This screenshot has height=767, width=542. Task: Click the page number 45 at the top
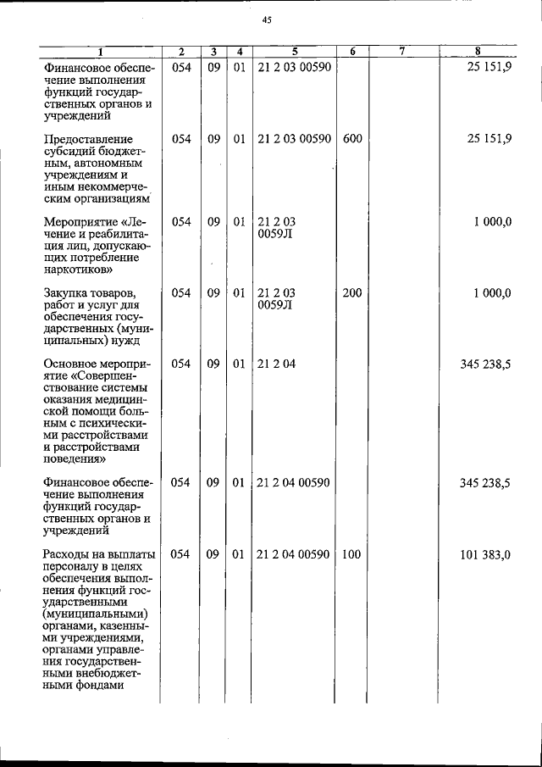pos(267,20)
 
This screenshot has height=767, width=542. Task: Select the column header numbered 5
pos(294,52)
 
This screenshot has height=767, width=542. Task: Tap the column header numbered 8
pos(478,52)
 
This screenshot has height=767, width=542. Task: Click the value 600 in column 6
pos(352,139)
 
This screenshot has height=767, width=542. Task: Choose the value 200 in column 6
pos(352,293)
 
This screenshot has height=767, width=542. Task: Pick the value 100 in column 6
pos(352,554)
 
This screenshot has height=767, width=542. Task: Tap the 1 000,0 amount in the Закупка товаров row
pos(492,293)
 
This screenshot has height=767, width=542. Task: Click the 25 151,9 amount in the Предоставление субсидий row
pos(489,139)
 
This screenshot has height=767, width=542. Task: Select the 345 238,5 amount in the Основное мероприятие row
pos(484,364)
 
